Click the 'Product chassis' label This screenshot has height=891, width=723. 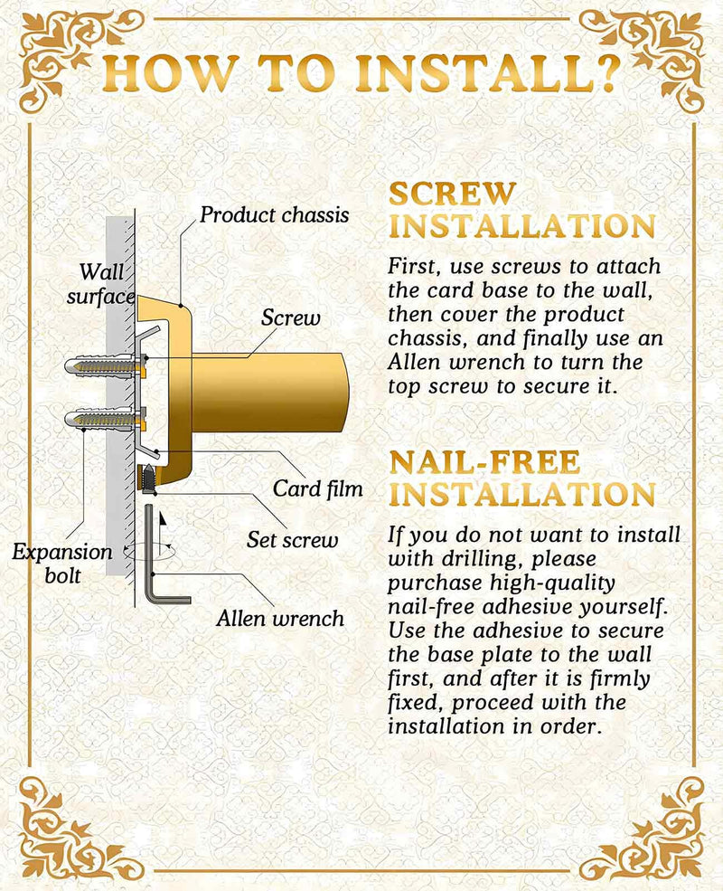tap(275, 215)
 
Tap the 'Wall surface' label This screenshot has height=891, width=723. tap(101, 284)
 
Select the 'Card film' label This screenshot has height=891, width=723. tap(317, 488)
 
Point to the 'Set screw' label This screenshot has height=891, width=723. tap(292, 540)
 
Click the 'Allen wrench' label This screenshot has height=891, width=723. tap(280, 618)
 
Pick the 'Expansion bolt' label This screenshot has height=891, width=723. tap(62, 564)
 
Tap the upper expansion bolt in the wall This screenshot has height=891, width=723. tap(106, 365)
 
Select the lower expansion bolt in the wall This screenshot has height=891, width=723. tap(106, 420)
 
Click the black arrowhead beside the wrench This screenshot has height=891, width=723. tap(163, 518)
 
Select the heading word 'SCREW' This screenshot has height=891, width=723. tap(452, 194)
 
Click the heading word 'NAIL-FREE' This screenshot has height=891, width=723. tap(485, 462)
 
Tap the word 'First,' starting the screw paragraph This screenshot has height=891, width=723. tap(413, 267)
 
